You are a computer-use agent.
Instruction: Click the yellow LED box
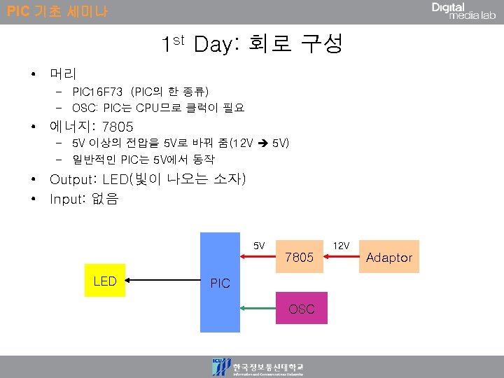pos(105,281)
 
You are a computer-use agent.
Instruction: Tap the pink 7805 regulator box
pos(300,257)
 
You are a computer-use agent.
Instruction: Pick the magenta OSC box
pos(301,308)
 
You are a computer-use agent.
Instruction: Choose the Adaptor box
pos(389,257)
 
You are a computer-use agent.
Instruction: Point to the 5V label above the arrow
pos(259,246)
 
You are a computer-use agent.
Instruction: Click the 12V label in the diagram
pos(341,246)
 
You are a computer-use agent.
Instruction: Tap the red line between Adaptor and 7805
pos(343,257)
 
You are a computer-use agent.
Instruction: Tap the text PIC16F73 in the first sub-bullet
pos(97,92)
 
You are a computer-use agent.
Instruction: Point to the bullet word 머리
pos(63,73)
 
